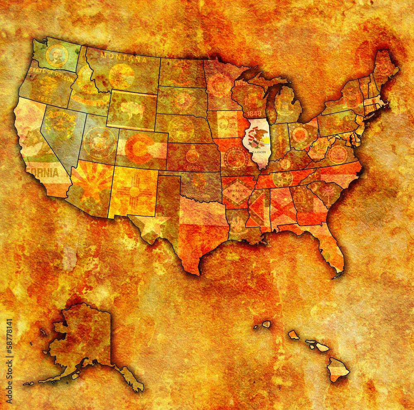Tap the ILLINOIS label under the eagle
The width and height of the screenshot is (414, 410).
[258, 152]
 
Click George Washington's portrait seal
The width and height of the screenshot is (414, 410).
[57, 55]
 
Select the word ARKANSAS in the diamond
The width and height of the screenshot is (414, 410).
[237, 191]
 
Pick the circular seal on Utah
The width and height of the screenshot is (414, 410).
[99, 142]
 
